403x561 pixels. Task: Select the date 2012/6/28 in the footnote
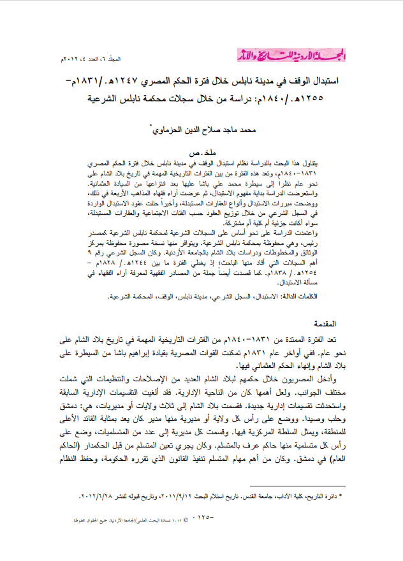pos(95,495)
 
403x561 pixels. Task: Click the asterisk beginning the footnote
pos(339,494)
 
